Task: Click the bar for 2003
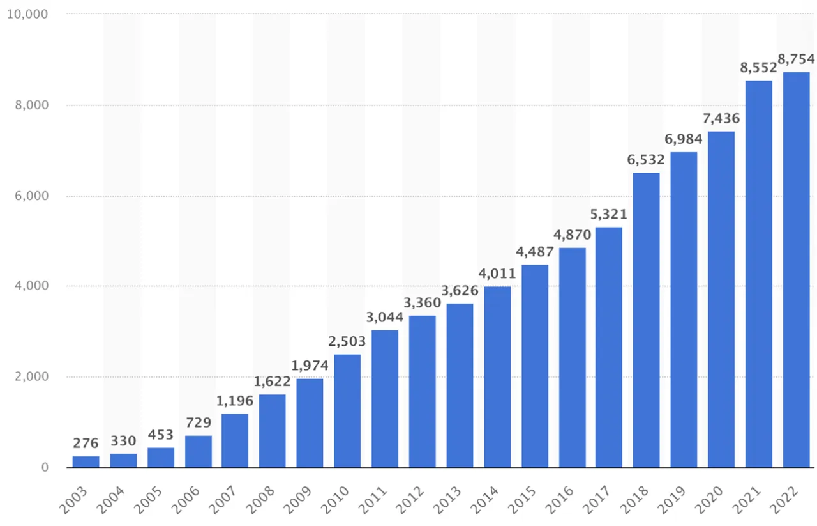point(86,461)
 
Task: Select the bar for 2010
point(347,411)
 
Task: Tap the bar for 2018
point(646,320)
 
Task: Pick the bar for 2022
point(796,270)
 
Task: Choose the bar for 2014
point(497,377)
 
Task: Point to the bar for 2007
point(235,441)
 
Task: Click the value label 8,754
point(796,59)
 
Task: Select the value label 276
point(86,442)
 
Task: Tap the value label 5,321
point(608,215)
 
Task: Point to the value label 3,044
point(384,317)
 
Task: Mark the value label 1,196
point(234,401)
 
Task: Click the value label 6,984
point(683,139)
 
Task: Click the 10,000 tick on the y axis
point(27,13)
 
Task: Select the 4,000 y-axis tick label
point(30,286)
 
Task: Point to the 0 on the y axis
point(45,468)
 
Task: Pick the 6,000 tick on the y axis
point(30,196)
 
